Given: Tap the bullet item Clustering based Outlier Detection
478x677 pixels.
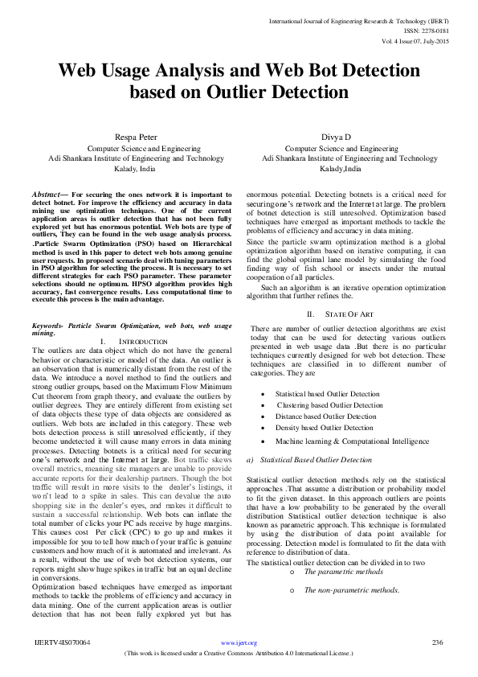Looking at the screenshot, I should pyautogui.click(x=329, y=405).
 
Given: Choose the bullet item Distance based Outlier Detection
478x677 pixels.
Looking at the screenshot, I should pyautogui.click(x=325, y=416).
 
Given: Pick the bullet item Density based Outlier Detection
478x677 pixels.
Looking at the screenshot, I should pyautogui.click(x=324, y=428).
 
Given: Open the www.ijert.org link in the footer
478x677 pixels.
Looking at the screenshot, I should pyautogui.click(x=239, y=643).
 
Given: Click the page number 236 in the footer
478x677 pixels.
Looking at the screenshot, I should pyautogui.click(x=438, y=642).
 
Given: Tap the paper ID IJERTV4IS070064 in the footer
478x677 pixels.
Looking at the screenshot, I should pyautogui.click(x=62, y=643).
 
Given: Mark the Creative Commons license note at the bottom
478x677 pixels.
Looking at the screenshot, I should pyautogui.click(x=239, y=654).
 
